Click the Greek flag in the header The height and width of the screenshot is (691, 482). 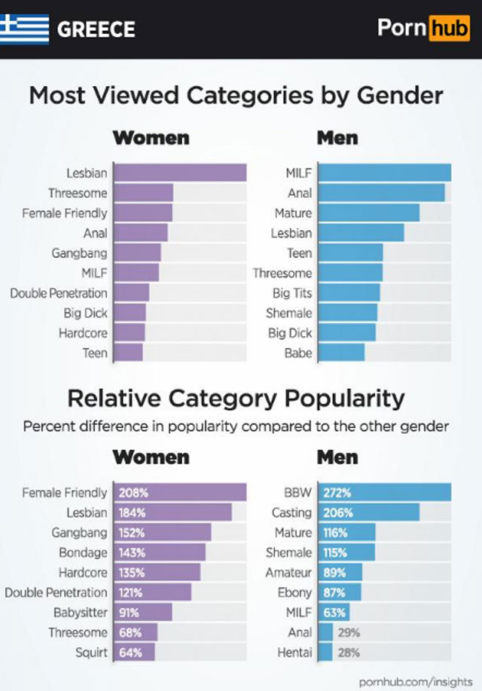24,29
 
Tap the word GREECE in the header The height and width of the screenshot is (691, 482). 96,29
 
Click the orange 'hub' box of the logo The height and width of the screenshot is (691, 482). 448,29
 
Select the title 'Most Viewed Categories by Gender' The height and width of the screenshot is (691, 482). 236,96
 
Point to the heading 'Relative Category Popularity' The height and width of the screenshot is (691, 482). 236,398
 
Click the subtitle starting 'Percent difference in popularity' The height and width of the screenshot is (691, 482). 236,426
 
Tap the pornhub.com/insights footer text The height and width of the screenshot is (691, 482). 416,681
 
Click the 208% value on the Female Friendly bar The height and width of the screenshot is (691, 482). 133,493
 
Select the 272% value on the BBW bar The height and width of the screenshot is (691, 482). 337,493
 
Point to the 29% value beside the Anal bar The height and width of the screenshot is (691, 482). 349,632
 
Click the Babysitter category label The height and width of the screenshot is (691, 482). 81,612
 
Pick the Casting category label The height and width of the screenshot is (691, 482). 291,512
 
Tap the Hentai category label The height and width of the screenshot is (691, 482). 294,652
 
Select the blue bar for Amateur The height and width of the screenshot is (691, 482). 340,573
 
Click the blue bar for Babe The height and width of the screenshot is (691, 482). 341,353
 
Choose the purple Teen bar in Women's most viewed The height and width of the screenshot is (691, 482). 129,353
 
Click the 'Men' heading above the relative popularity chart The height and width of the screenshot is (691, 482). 337,457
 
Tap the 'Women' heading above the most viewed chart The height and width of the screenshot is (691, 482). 151,138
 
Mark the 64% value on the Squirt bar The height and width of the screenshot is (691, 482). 131,652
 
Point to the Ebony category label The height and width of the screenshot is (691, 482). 294,592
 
